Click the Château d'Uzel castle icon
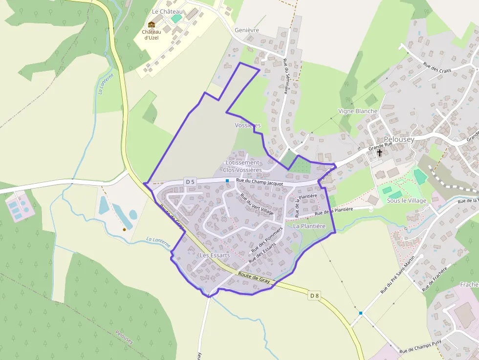(152, 24)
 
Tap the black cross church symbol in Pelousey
(380, 153)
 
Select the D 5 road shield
(190, 182)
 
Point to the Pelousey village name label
(399, 139)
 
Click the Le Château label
(167, 11)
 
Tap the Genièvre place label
(247, 30)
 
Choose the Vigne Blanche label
(358, 111)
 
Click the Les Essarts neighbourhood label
(215, 255)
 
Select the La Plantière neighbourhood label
(309, 226)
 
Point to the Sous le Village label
(407, 201)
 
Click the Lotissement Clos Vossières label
(242, 166)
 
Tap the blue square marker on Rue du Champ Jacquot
(227, 181)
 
